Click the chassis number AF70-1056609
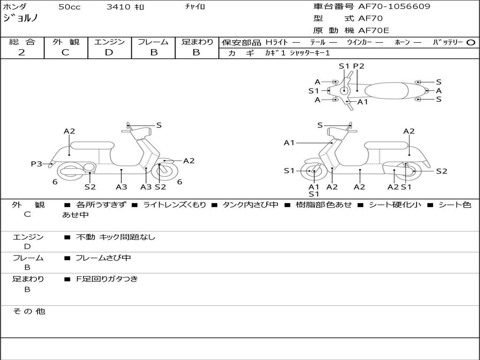[x=394, y=7]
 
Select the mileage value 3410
[x=118, y=7]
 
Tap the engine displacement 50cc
[x=69, y=7]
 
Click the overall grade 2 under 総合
[x=22, y=52]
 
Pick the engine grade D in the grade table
[x=109, y=52]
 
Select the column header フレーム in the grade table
[x=153, y=42]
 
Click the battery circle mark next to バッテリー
[x=471, y=43]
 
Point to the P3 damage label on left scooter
[x=37, y=164]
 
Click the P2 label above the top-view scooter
[x=359, y=66]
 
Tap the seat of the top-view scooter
[x=386, y=91]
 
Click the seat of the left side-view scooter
[x=92, y=145]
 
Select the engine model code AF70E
[x=374, y=30]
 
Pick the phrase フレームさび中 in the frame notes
[x=103, y=258]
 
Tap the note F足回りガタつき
[x=107, y=279]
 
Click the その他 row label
[x=29, y=311]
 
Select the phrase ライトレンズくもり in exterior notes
[x=174, y=205]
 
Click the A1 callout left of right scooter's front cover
[x=289, y=142]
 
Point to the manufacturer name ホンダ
[x=15, y=7]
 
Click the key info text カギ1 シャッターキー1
[x=297, y=53]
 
